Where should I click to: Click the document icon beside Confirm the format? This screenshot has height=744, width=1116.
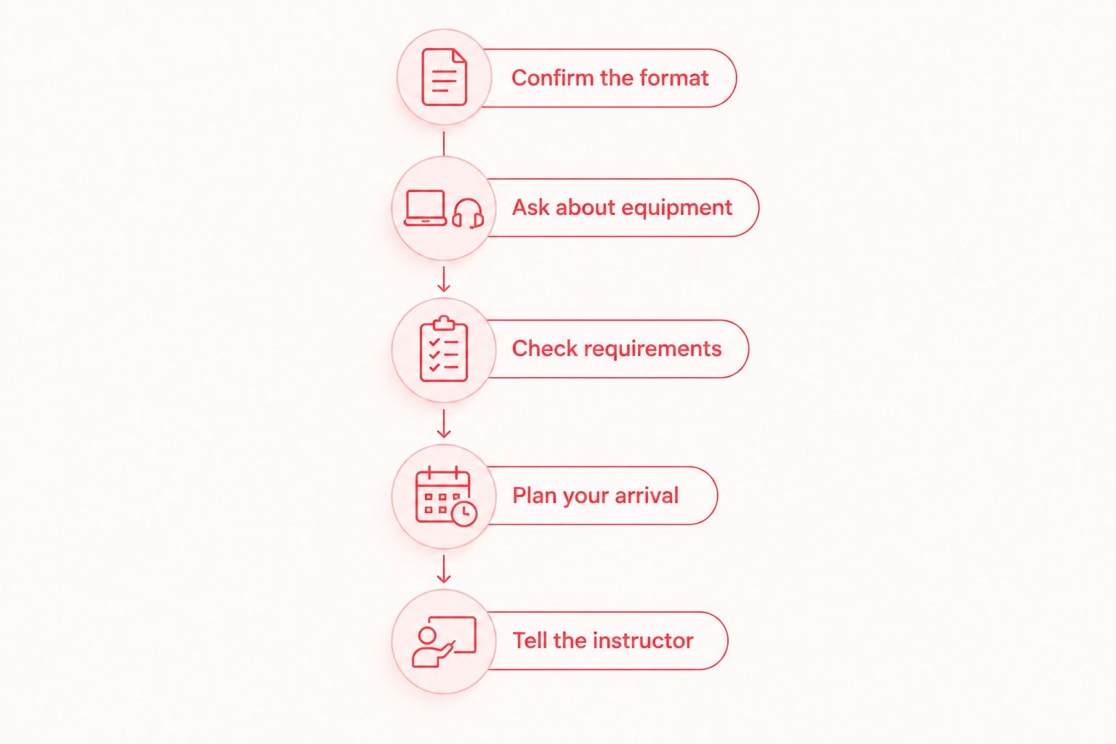(x=444, y=77)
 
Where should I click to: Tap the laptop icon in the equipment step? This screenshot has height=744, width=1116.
(x=425, y=208)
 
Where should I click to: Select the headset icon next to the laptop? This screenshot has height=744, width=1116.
(x=468, y=214)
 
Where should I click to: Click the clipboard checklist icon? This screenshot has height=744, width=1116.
(x=444, y=349)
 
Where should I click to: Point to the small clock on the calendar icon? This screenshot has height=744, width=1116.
(x=464, y=513)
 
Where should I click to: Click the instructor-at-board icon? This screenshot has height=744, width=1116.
(x=444, y=642)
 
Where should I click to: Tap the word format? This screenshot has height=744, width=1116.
(x=674, y=78)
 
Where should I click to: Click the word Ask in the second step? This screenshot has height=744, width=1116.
(x=531, y=208)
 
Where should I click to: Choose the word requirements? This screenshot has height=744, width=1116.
(x=652, y=349)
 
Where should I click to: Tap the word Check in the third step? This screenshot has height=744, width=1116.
(x=545, y=349)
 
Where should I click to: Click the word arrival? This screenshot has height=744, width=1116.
(x=647, y=496)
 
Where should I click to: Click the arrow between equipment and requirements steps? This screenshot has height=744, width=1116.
(x=443, y=279)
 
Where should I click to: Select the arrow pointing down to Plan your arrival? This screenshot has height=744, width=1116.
(x=443, y=424)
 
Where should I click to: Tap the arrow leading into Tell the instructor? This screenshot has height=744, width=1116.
(x=443, y=569)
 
